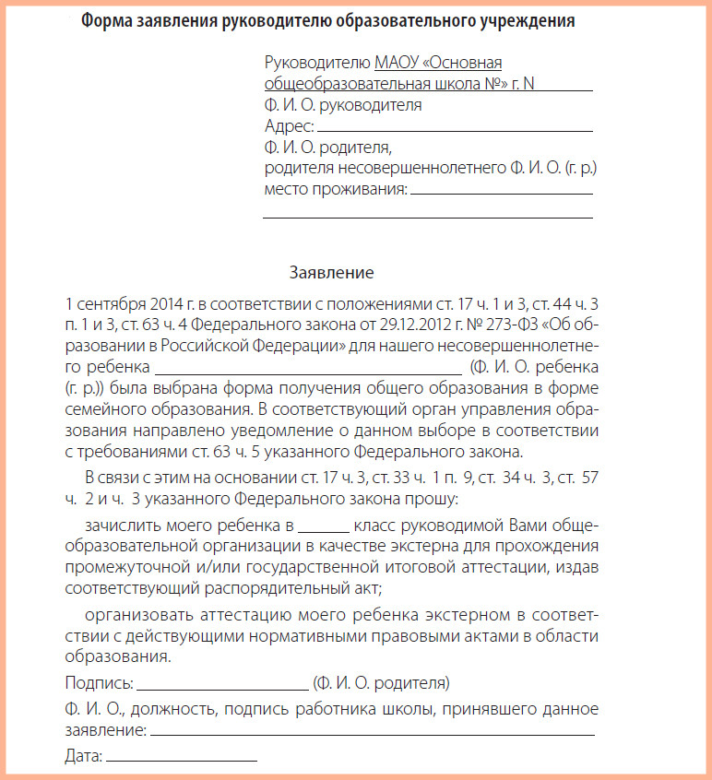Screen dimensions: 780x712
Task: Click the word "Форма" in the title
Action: point(106,20)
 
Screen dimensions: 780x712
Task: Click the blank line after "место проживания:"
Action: point(501,194)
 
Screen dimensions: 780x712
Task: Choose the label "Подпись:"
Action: point(99,683)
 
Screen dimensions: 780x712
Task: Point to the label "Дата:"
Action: point(83,757)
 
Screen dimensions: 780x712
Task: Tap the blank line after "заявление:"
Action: point(372,735)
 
